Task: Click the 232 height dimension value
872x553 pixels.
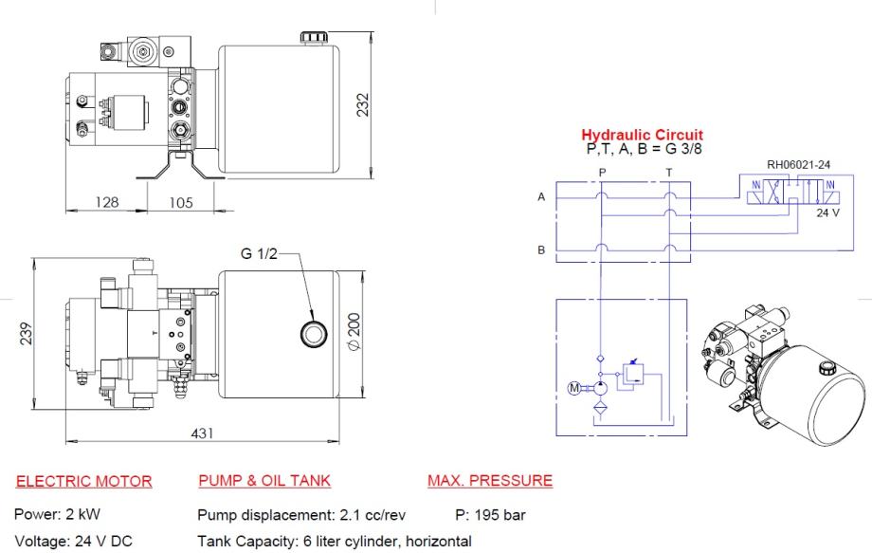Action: pos(363,104)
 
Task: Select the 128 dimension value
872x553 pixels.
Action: pos(107,202)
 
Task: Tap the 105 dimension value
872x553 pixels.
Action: pos(181,202)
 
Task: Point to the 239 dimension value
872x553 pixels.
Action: pos(27,334)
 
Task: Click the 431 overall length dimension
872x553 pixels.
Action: pos(202,433)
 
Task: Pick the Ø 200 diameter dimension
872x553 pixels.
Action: pos(354,332)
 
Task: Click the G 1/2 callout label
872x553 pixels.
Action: pos(259,253)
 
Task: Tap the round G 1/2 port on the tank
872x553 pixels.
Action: pos(314,334)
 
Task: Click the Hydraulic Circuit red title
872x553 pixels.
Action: pos(643,135)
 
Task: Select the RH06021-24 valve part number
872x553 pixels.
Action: pos(799,165)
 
